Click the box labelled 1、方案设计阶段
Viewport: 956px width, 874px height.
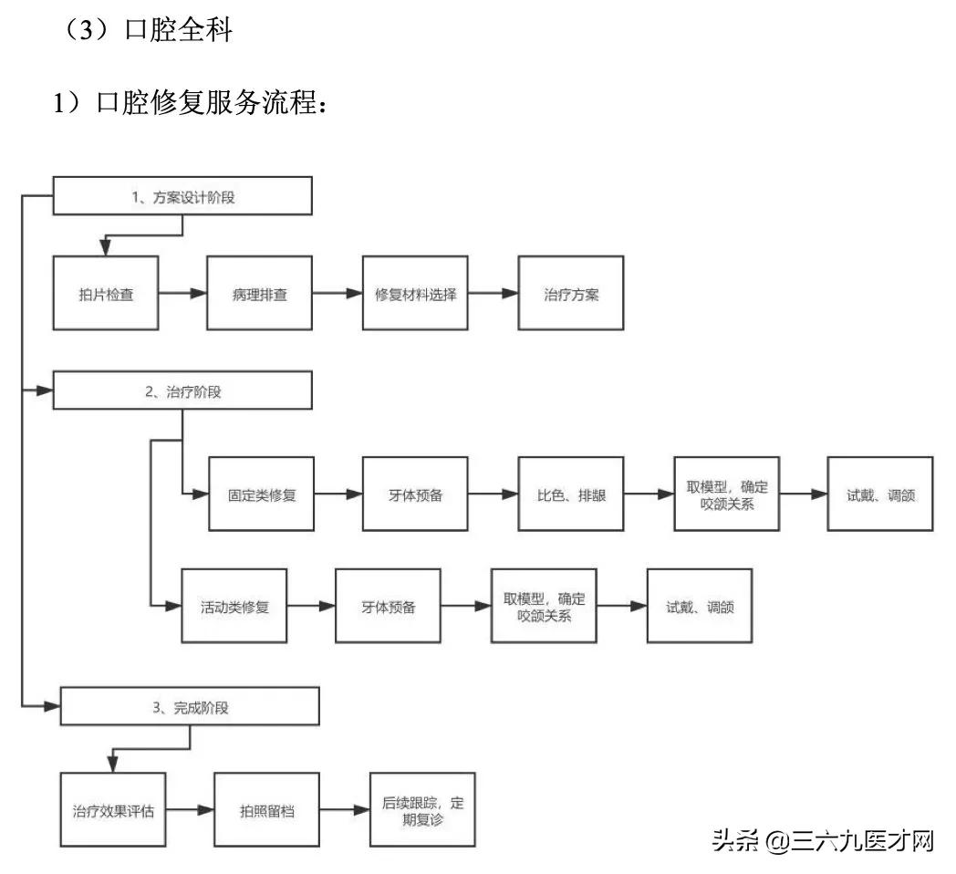click(x=183, y=196)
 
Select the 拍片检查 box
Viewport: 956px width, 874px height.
click(x=106, y=294)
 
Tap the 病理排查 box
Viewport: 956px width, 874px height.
click(x=260, y=294)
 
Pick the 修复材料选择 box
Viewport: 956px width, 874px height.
click(x=415, y=294)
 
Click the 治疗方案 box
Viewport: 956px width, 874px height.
click(x=571, y=294)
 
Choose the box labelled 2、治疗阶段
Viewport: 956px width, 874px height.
click(x=183, y=391)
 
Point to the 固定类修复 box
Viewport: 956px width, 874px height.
click(x=262, y=494)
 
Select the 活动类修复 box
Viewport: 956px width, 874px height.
click(x=234, y=606)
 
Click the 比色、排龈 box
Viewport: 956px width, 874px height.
click(x=571, y=494)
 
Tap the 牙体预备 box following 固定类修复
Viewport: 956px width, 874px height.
click(x=415, y=494)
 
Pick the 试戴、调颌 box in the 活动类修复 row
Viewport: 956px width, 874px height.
click(x=700, y=606)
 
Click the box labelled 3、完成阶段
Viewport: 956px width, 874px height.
click(x=190, y=706)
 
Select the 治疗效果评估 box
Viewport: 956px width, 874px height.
click(x=113, y=809)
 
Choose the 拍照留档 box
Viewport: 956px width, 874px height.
click(x=267, y=809)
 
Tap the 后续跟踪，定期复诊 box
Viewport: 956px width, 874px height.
click(x=422, y=809)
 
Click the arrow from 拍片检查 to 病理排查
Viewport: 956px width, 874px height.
click(x=182, y=294)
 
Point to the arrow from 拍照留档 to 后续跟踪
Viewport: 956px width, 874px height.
click(x=345, y=809)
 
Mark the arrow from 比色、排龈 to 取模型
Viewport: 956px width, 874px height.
click(x=649, y=494)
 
